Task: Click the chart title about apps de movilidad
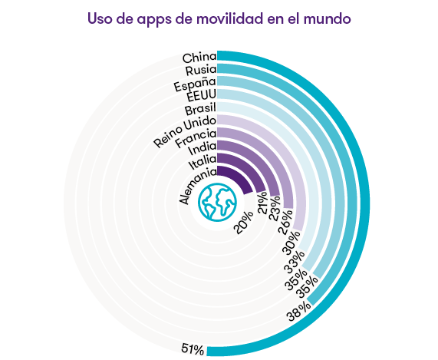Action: coord(219,18)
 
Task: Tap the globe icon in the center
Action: coord(217,203)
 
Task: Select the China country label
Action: coord(199,58)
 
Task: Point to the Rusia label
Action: coord(201,71)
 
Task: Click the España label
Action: coord(195,84)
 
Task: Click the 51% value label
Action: coord(193,349)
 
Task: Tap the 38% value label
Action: coord(298,311)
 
